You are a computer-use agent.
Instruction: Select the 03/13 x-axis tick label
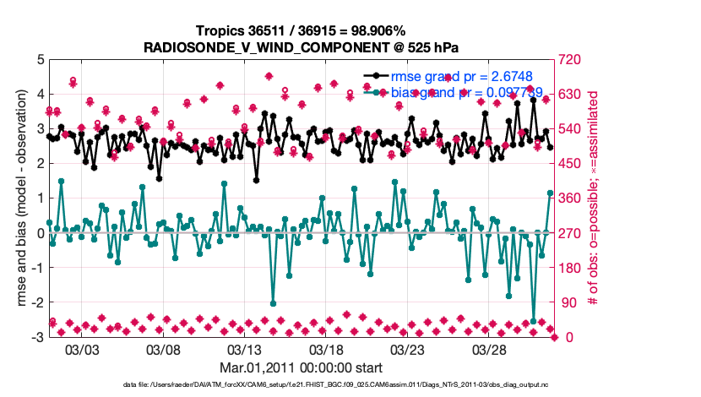245,350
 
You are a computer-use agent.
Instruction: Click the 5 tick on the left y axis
40,60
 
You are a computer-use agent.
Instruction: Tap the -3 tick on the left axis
37,337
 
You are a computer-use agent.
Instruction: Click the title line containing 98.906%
302,30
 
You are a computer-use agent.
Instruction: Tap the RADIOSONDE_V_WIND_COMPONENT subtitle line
302,46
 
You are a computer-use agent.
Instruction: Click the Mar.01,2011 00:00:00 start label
302,367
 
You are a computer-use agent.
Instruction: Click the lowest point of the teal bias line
533,322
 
